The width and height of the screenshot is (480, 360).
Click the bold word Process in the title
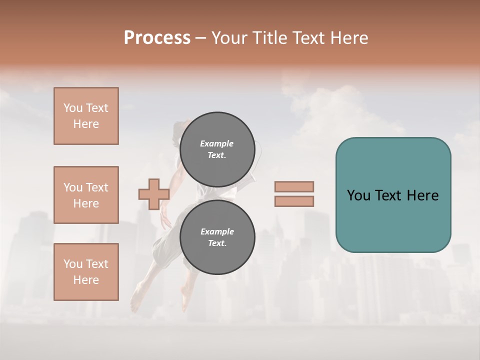(x=157, y=38)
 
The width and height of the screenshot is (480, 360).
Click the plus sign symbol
(x=154, y=194)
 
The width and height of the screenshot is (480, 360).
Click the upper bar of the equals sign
(x=294, y=186)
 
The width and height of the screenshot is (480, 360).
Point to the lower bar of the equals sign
(x=294, y=201)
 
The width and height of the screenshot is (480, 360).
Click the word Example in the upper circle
(x=217, y=143)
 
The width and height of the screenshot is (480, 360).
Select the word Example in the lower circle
(x=217, y=231)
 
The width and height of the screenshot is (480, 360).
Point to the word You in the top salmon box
(x=73, y=108)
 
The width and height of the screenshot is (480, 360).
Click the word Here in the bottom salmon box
(x=86, y=280)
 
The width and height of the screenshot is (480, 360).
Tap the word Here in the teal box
(x=422, y=195)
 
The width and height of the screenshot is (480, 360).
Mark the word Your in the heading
(x=229, y=38)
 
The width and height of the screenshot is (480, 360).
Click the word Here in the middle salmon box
(x=86, y=203)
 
